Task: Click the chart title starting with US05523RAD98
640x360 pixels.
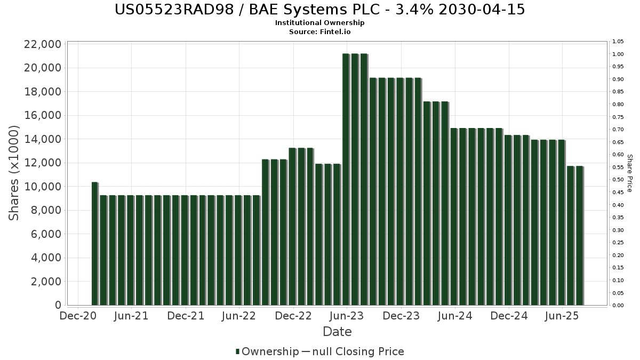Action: [320, 10]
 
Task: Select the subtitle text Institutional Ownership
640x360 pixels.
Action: [320, 23]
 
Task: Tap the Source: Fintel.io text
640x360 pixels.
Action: [320, 31]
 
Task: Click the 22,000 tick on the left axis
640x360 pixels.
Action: [43, 44]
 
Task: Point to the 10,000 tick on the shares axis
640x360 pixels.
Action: [43, 187]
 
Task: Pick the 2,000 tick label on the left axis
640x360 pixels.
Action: [46, 282]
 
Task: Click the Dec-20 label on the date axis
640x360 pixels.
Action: [78, 316]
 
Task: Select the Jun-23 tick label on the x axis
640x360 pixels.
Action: [347, 316]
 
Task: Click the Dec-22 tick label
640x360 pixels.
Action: [293, 316]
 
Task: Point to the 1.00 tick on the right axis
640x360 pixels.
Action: [618, 54]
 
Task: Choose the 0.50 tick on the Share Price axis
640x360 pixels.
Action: [618, 180]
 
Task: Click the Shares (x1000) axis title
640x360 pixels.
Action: [14, 173]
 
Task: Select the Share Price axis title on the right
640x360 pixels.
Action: [630, 173]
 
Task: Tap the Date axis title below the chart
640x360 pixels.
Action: [337, 332]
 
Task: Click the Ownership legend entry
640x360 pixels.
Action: [270, 351]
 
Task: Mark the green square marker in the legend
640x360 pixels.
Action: [237, 351]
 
